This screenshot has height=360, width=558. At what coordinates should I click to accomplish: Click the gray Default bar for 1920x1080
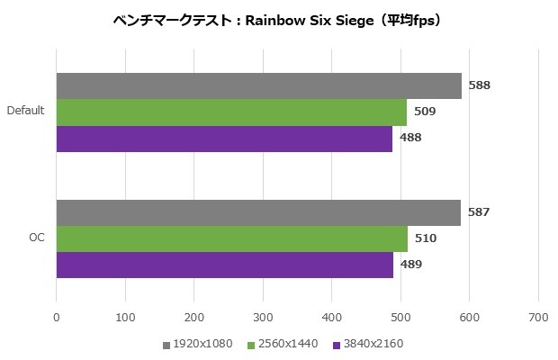258,85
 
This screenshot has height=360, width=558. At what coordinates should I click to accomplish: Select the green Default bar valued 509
231,112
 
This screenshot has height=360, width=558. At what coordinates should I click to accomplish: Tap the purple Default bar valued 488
224,138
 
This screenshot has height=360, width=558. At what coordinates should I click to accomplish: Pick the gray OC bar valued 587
258,212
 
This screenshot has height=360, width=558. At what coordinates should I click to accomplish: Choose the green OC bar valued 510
231,238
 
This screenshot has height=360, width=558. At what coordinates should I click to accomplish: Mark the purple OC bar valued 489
225,265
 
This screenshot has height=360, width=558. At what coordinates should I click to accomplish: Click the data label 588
479,85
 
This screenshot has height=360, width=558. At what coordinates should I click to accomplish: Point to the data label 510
423,238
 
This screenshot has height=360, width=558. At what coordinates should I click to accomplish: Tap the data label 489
410,265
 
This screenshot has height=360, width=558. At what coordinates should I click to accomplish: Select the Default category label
26,112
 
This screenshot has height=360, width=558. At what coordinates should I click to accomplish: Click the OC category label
36,238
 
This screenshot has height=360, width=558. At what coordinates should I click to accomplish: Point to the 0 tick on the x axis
57,316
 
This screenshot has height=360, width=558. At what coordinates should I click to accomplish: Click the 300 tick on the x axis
263,316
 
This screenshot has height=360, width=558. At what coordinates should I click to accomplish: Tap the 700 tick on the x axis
538,316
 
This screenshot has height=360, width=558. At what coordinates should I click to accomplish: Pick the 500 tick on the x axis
400,316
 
